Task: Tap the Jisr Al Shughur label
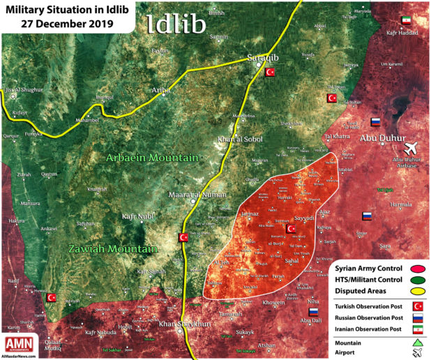click(x=24, y=90)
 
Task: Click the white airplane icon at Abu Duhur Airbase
click(x=412, y=149)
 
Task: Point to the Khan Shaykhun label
click(x=183, y=324)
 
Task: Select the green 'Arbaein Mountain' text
click(x=152, y=158)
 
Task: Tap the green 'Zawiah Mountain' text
click(x=112, y=248)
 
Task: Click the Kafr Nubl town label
click(x=137, y=218)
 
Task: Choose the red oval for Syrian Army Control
click(x=418, y=269)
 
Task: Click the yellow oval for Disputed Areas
click(x=418, y=291)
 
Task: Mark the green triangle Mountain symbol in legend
click(x=417, y=342)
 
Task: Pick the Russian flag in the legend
click(x=417, y=317)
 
